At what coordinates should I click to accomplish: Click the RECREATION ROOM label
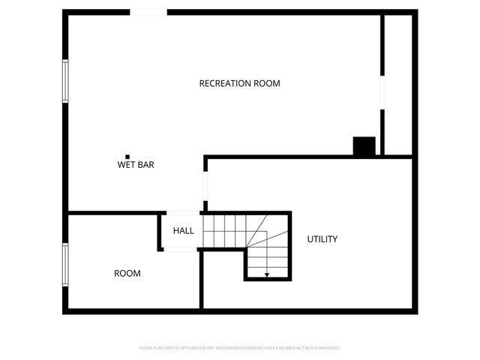(x=239, y=83)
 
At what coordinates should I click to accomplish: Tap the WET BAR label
(x=136, y=164)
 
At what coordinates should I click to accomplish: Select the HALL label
(x=184, y=231)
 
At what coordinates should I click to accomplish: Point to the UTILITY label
(x=322, y=239)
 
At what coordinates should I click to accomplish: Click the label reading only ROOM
(x=127, y=274)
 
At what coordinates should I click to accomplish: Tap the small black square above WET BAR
(x=127, y=156)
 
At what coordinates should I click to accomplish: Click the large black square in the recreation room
(x=364, y=146)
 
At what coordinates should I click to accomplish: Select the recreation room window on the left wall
(x=65, y=81)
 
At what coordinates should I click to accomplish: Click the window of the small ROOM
(x=65, y=265)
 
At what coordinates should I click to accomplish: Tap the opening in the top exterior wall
(x=148, y=12)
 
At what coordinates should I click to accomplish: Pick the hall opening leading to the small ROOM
(x=180, y=249)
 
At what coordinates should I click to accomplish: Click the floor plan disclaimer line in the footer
(x=240, y=348)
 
